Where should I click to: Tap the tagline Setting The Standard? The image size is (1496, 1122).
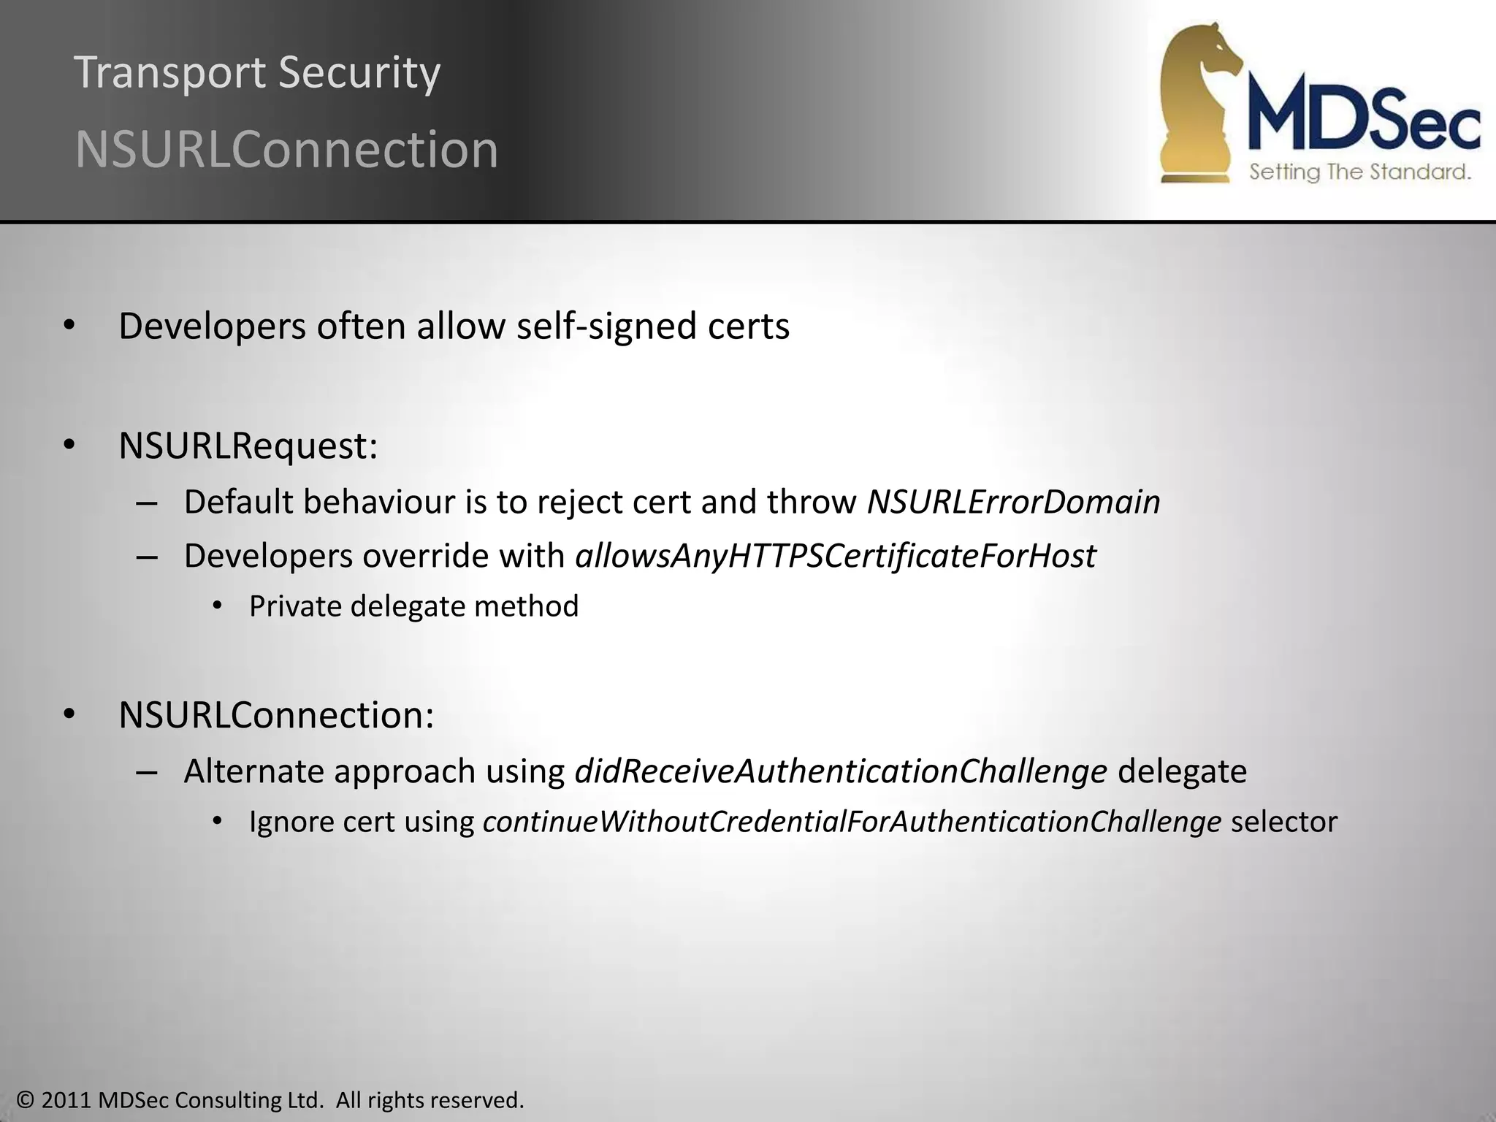1359,172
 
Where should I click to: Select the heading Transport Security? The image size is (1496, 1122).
257,72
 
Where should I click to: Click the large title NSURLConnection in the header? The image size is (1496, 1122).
286,150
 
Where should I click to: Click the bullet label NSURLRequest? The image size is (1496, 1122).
248,446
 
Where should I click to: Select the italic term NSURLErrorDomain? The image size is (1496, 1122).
1013,502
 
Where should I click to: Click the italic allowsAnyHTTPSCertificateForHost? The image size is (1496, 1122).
836,556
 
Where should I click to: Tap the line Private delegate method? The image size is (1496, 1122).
413,606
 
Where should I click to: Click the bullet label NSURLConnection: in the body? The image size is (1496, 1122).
276,714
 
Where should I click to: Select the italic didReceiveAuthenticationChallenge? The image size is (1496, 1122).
840,771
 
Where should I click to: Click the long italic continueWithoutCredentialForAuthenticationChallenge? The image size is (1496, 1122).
852,822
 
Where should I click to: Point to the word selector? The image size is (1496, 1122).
1283,822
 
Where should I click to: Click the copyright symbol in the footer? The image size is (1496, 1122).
26,1100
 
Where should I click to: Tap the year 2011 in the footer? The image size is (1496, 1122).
66,1100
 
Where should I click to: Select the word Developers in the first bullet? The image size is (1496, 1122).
212,326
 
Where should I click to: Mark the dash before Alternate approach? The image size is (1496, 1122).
147,772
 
